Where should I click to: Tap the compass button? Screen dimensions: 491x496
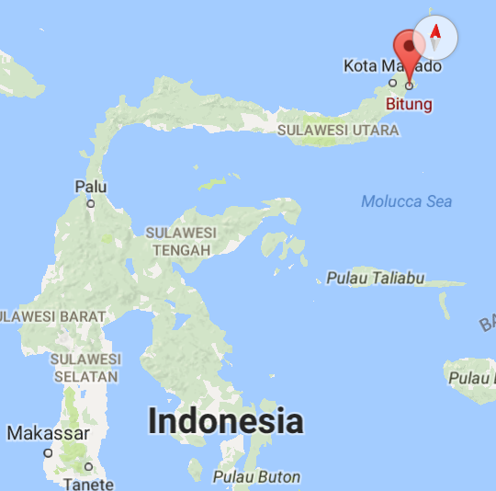click(436, 38)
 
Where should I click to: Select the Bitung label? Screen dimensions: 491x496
click(410, 104)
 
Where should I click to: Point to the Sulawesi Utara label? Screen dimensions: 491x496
click(339, 131)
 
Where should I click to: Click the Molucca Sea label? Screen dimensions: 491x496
click(406, 201)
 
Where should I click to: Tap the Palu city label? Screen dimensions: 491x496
click(90, 187)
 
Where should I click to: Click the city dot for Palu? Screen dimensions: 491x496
click(90, 203)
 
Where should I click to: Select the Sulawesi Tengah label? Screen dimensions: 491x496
click(180, 241)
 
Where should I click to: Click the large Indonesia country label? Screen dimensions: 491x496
click(225, 421)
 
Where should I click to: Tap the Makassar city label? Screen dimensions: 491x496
click(49, 432)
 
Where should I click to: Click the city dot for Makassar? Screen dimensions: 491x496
click(48, 452)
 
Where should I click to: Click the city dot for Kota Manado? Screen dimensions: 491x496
click(392, 81)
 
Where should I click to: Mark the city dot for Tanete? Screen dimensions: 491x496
click(89, 467)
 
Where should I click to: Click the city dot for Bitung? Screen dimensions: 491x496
click(409, 87)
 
